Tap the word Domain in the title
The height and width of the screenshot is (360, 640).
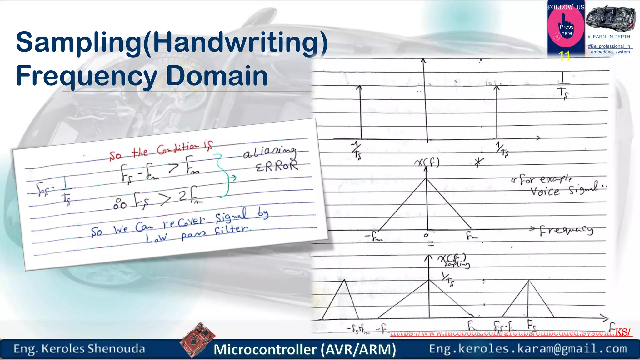click(x=217, y=76)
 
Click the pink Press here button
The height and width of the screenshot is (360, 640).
click(x=566, y=30)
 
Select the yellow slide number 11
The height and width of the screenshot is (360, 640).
click(x=564, y=56)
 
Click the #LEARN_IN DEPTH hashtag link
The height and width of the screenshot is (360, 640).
click(x=609, y=37)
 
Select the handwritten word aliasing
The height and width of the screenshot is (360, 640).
click(x=269, y=152)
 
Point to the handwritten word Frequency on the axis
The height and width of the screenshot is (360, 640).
click(x=566, y=231)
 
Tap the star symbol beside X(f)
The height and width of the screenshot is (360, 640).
click(x=478, y=162)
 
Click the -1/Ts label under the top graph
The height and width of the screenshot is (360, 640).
click(x=356, y=150)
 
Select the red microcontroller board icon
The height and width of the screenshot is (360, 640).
click(x=197, y=340)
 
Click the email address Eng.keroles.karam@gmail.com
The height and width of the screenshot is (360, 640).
click(x=528, y=349)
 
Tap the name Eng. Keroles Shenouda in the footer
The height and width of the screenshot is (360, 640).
click(x=79, y=349)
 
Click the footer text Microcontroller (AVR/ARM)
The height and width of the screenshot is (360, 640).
click(x=305, y=349)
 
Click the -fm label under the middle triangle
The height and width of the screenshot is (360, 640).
click(x=374, y=237)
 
